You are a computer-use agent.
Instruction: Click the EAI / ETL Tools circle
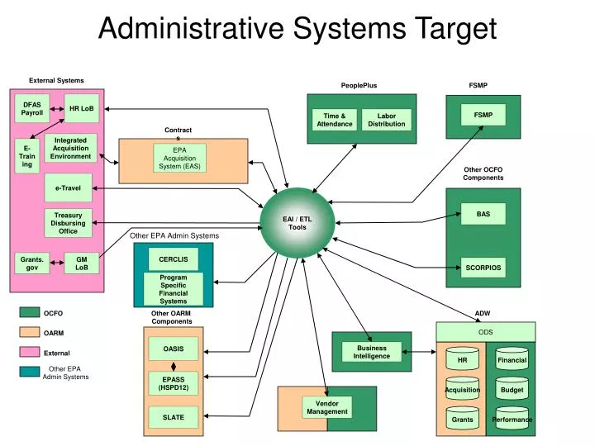pyautogui.click(x=297, y=223)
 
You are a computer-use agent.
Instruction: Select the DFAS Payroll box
pyautogui.click(x=32, y=108)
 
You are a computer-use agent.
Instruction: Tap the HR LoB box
pyautogui.click(x=82, y=108)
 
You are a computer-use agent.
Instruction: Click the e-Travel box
pyautogui.click(x=68, y=188)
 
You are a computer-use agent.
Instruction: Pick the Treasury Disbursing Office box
pyautogui.click(x=68, y=222)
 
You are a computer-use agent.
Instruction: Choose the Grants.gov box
pyautogui.click(x=32, y=263)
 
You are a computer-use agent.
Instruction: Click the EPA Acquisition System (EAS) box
pyautogui.click(x=179, y=159)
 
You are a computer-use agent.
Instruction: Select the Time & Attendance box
pyautogui.click(x=334, y=120)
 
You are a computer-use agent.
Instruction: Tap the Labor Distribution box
pyautogui.click(x=386, y=120)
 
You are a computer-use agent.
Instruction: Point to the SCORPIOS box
pyautogui.click(x=483, y=268)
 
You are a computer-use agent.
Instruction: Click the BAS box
pyautogui.click(x=483, y=214)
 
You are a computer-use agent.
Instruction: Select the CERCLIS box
pyautogui.click(x=174, y=259)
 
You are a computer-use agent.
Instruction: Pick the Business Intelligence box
pyautogui.click(x=372, y=352)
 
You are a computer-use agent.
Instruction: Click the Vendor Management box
pyautogui.click(x=327, y=407)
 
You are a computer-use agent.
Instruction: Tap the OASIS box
pyautogui.click(x=174, y=349)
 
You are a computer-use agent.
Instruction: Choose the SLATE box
pyautogui.click(x=174, y=417)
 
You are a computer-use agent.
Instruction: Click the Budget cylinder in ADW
pyautogui.click(x=512, y=390)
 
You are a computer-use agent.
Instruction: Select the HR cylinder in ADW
pyautogui.click(x=463, y=361)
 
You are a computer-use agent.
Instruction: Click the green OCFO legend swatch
pyautogui.click(x=31, y=313)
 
